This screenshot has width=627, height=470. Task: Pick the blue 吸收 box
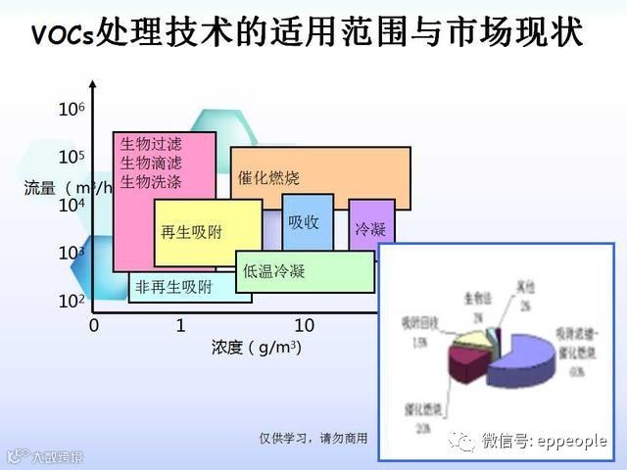[307, 220]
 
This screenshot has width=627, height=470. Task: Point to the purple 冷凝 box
[371, 229]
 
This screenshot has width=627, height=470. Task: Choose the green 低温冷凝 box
[305, 271]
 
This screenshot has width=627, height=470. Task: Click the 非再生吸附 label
[173, 287]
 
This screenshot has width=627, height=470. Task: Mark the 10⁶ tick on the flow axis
[72, 110]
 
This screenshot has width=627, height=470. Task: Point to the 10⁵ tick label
[72, 157]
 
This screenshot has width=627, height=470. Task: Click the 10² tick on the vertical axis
[72, 301]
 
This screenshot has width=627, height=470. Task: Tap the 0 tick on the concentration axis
[94, 324]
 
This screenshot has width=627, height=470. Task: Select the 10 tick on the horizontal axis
[304, 324]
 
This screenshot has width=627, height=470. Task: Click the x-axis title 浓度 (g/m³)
[257, 347]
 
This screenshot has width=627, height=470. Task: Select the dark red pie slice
[467, 367]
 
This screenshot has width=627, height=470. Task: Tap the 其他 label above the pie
[526, 287]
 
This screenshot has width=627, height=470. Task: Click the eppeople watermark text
[544, 442]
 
